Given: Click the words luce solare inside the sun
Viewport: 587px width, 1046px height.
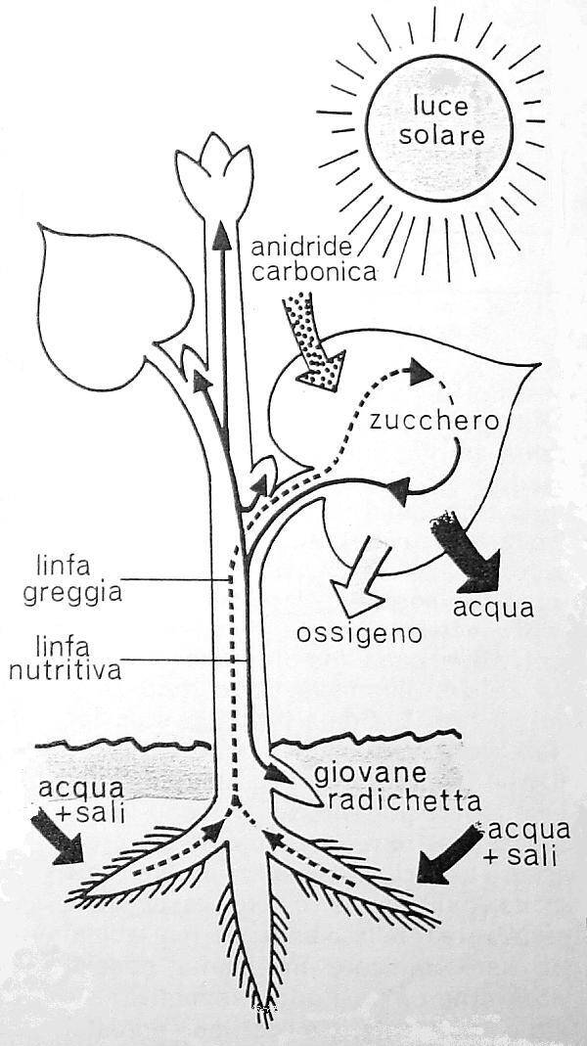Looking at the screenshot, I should point(447,120).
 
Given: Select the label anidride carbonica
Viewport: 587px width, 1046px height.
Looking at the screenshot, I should point(312,258).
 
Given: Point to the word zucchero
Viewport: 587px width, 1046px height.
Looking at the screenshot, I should point(435,422).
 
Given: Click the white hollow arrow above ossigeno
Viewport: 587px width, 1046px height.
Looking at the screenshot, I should point(355,580).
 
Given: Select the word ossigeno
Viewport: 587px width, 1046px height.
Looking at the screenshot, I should point(360,633).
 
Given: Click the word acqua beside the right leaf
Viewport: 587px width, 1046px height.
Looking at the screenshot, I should point(494,607).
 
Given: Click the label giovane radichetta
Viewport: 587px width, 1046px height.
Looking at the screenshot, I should point(395,789).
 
